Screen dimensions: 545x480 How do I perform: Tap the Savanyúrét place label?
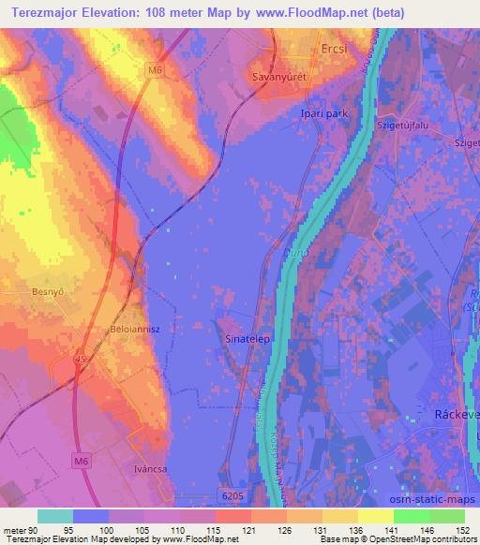pyautogui.click(x=278, y=78)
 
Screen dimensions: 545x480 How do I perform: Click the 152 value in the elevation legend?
pyautogui.click(x=461, y=530)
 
